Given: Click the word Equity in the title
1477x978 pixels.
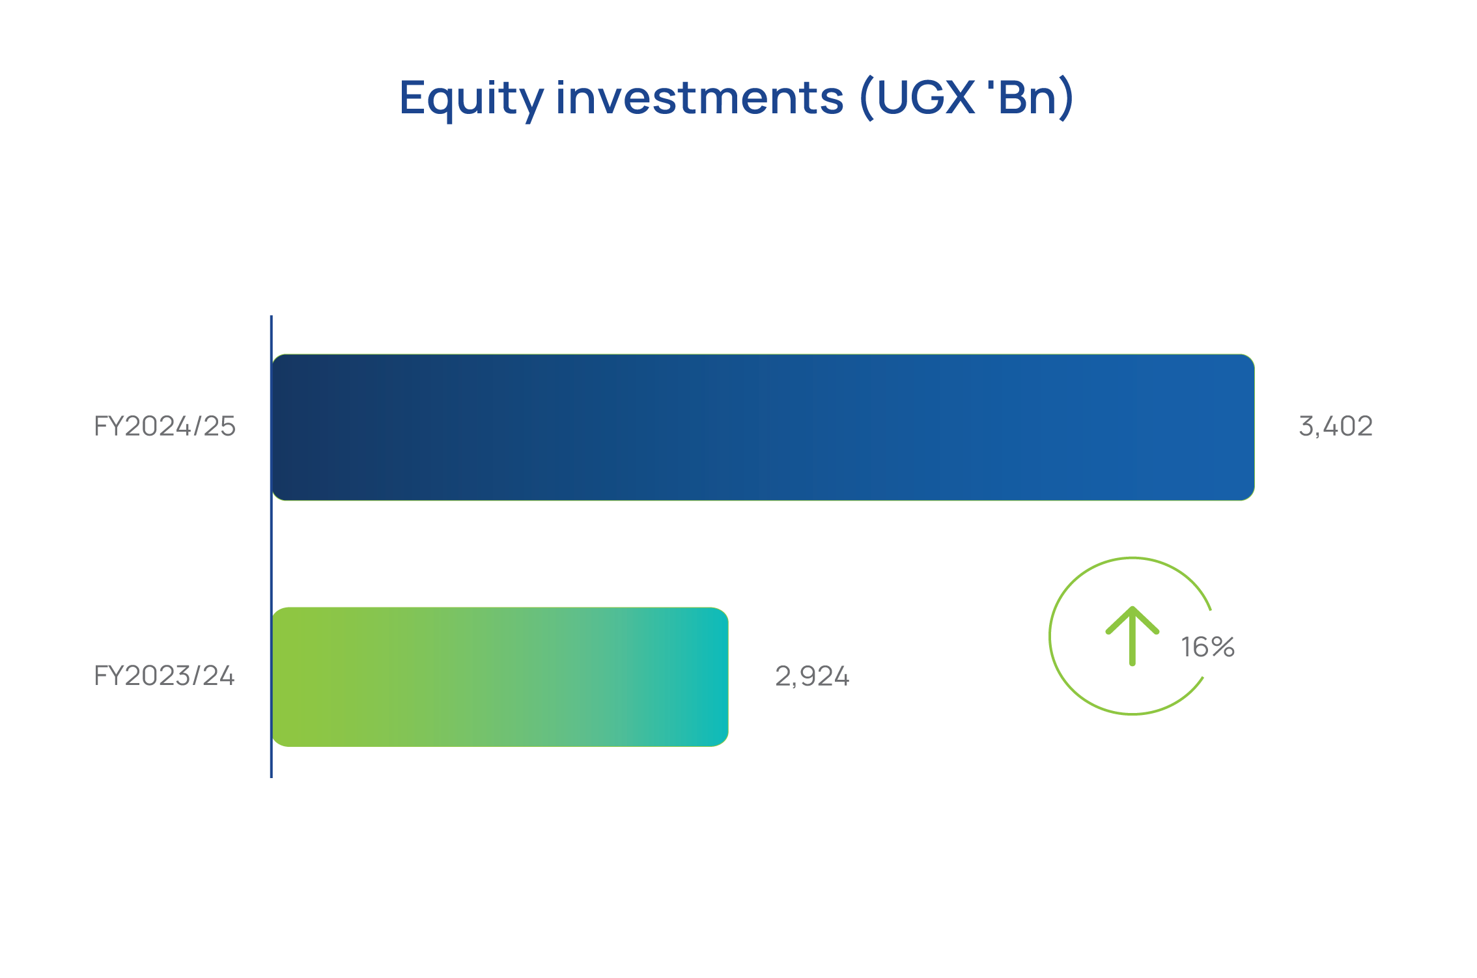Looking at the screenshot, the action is [x=471, y=99].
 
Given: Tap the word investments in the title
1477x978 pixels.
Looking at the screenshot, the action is [x=700, y=98].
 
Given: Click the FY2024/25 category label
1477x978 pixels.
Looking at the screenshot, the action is [x=165, y=426].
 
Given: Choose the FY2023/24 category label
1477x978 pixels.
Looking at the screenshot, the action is [x=164, y=676].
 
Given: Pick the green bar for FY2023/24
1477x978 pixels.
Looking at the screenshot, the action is [x=500, y=677].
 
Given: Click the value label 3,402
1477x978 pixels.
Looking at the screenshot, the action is [x=1336, y=426].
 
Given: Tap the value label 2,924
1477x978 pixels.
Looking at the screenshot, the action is [x=812, y=677].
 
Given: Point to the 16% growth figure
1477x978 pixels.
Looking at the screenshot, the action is [x=1208, y=647].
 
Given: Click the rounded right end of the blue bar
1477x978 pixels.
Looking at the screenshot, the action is [x=1247, y=427].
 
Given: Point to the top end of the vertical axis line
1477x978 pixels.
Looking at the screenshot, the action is [x=272, y=316].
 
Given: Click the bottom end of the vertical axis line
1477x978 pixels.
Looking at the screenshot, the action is [x=272, y=777].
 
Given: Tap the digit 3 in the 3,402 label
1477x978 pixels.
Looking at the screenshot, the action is [x=1306, y=426].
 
